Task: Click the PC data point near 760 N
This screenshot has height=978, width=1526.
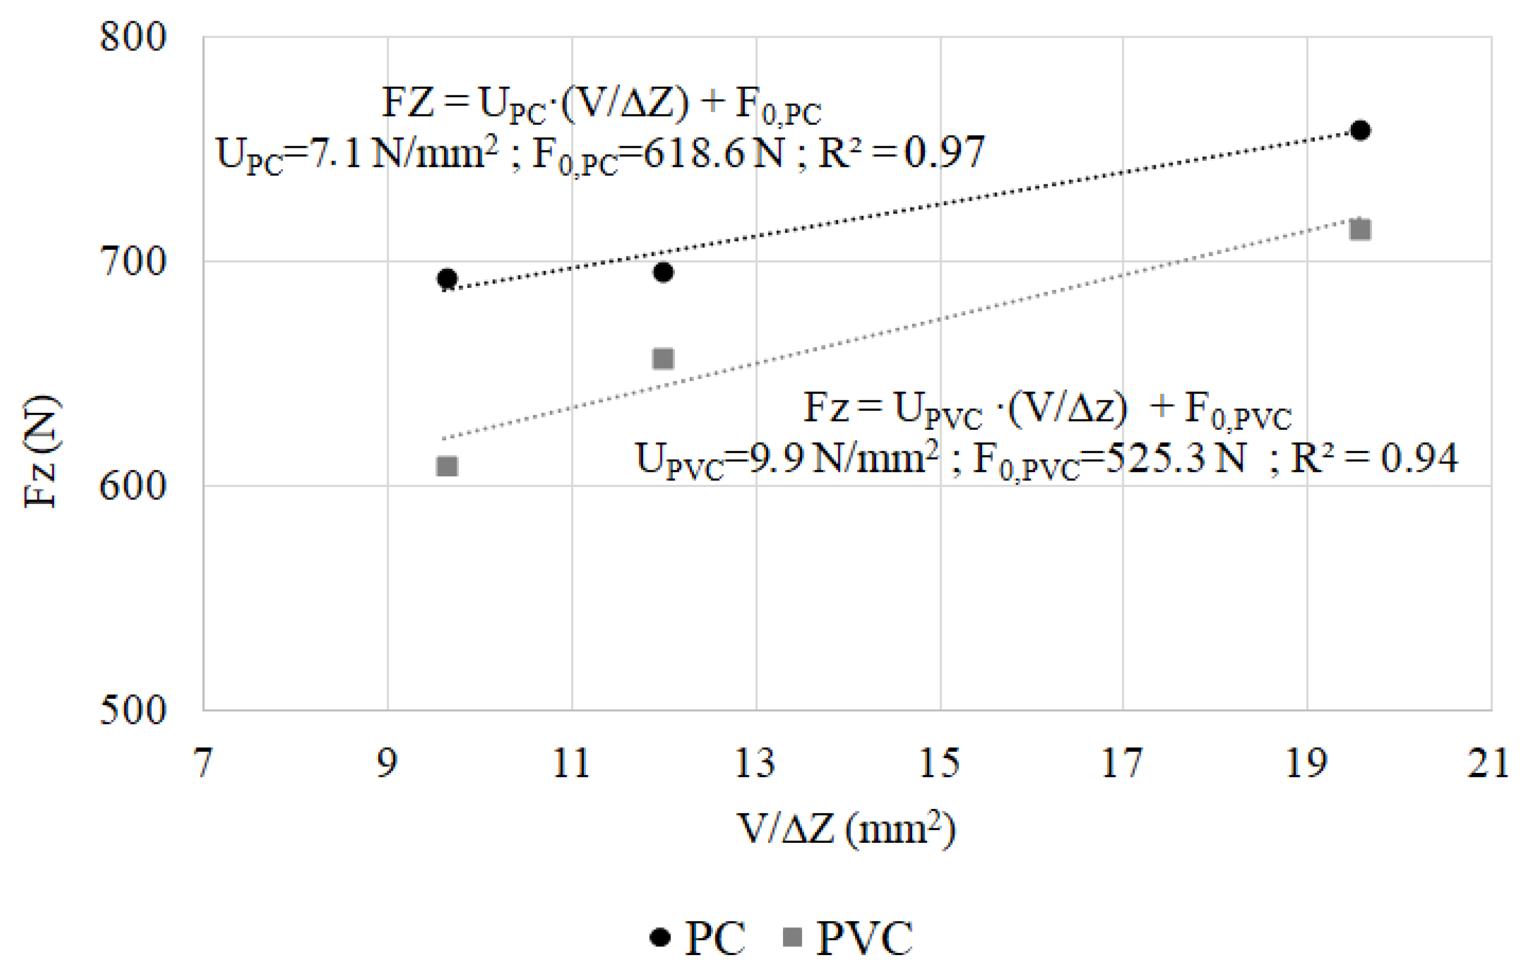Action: [1359, 131]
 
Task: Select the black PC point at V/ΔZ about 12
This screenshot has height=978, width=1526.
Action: [663, 272]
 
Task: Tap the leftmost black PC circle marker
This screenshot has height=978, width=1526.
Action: [447, 278]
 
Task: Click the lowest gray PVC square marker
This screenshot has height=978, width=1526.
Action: [447, 467]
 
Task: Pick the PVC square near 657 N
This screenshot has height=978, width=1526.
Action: [663, 359]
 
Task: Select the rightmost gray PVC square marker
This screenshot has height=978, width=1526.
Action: [1360, 229]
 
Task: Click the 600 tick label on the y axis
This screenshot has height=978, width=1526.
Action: [133, 486]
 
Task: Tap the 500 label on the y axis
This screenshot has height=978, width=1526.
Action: [133, 710]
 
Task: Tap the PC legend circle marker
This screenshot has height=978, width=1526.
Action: [661, 937]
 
